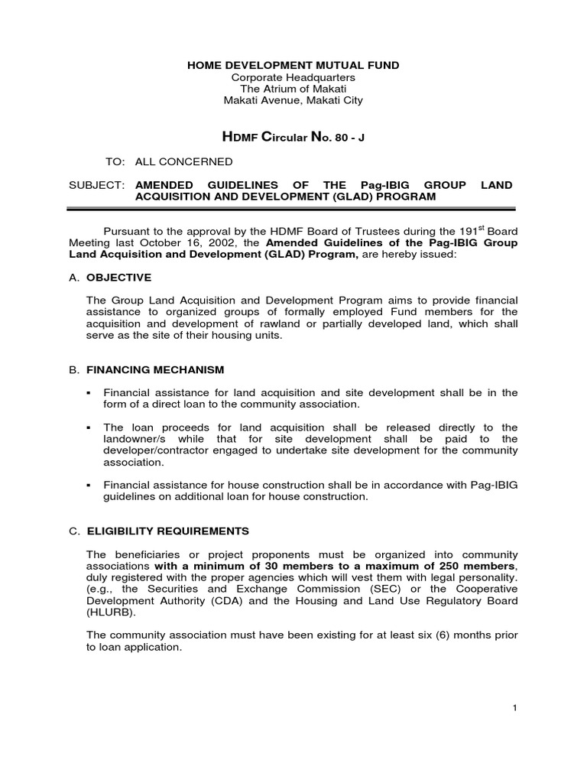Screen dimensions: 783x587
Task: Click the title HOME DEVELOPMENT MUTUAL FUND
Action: [x=293, y=66]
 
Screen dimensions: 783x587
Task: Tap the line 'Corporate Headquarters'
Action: [x=293, y=77]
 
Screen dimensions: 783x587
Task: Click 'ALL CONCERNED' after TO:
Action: [x=183, y=162]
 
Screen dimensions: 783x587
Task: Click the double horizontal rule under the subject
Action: [x=293, y=209]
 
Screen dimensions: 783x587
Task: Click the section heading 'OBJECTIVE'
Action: [x=118, y=277]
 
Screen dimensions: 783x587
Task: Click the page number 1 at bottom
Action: [x=515, y=708]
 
